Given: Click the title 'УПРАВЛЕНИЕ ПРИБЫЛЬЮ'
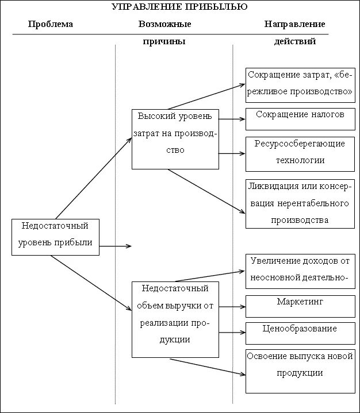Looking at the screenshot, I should coord(179,7).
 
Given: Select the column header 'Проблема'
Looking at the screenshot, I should coord(51,24).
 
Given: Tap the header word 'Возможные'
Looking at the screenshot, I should coord(164,24).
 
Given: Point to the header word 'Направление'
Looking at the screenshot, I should coord(294,24).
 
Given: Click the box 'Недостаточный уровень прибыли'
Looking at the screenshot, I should coord(55,236).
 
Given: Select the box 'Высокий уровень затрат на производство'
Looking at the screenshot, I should coord(175,138).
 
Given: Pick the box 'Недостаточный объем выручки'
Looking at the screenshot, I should coord(175,319).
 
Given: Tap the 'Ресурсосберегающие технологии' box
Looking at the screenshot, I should coord(300,153).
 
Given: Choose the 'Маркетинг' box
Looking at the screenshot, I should coord(300,306).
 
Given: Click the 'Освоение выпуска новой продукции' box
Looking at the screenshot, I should coord(300,370).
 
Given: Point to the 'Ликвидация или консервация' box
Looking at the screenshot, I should coord(300,203).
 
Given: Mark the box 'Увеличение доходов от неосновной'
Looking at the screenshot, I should coord(300,270).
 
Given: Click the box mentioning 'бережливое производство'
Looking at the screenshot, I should coord(300,84).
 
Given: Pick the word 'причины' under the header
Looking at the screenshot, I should coord(164,41).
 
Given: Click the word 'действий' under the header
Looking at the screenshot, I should coord(294,41).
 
